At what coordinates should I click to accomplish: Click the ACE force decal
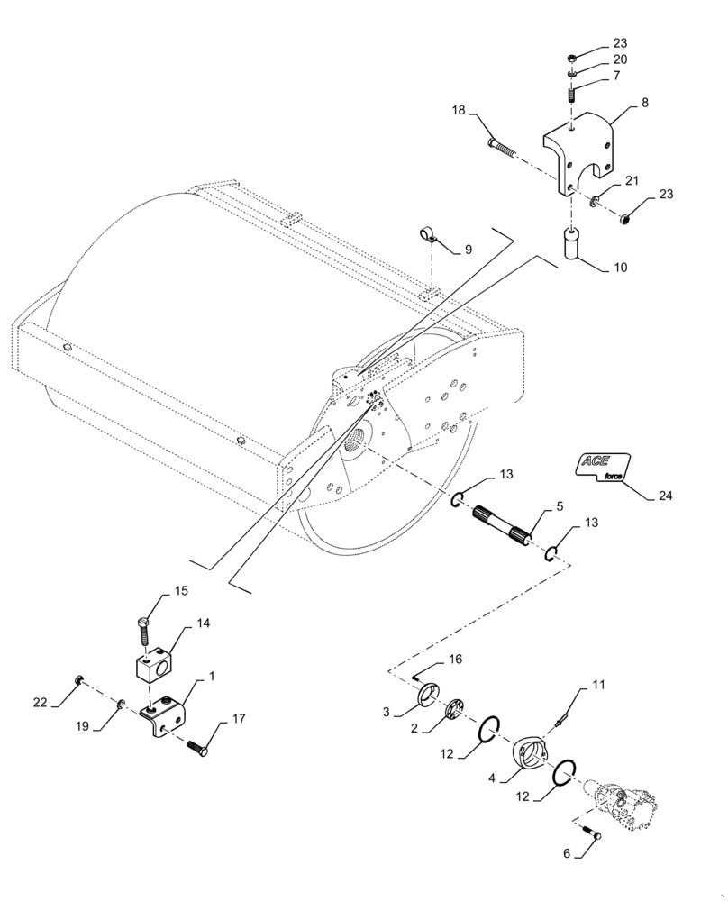602,466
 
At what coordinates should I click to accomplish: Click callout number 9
467,250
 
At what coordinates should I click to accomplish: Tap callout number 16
455,660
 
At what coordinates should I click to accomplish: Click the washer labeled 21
595,201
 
